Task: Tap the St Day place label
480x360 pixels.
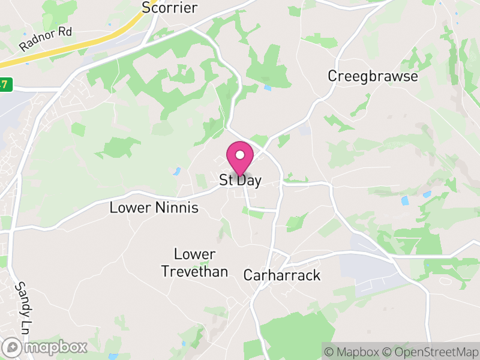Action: point(240,180)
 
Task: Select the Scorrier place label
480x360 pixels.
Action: point(169,8)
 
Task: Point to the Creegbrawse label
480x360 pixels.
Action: point(373,76)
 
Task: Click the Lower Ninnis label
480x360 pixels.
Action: point(154,208)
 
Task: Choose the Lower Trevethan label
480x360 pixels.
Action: point(195,263)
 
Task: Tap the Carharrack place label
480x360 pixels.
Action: point(282,275)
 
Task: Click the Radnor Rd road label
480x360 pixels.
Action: point(46,39)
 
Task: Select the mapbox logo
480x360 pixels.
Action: point(45,347)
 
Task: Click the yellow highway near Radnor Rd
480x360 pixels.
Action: point(90,46)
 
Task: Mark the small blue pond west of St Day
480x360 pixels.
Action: point(177,172)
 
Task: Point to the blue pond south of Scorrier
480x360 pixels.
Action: point(268,88)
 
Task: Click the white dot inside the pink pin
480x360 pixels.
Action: point(240,155)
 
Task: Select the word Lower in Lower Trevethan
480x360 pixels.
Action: point(195,254)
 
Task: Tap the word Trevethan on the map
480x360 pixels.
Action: point(195,272)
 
